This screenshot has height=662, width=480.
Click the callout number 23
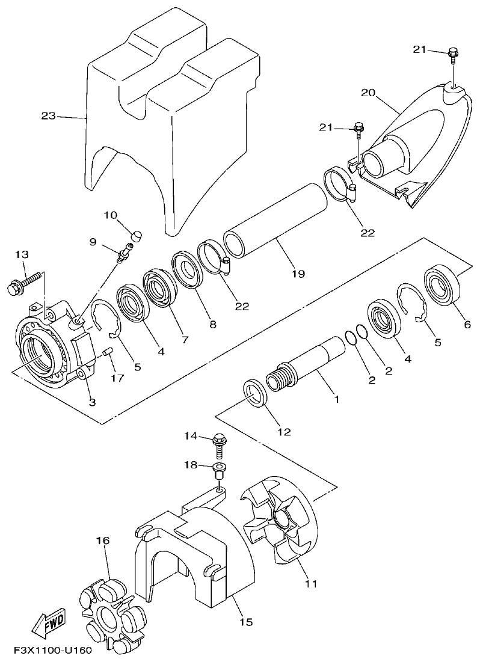pos(49,115)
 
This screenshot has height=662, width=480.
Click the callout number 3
pos(92,402)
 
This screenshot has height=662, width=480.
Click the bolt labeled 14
pos(220,446)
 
